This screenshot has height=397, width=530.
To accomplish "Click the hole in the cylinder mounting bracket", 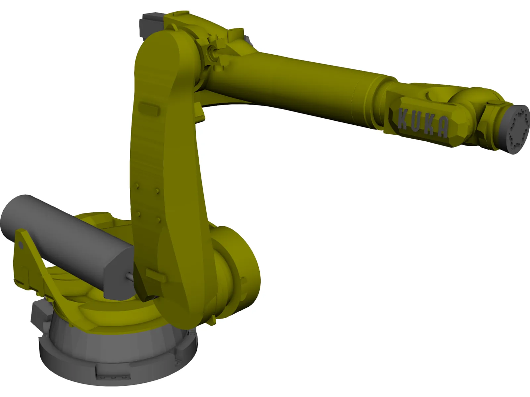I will (21, 245).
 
